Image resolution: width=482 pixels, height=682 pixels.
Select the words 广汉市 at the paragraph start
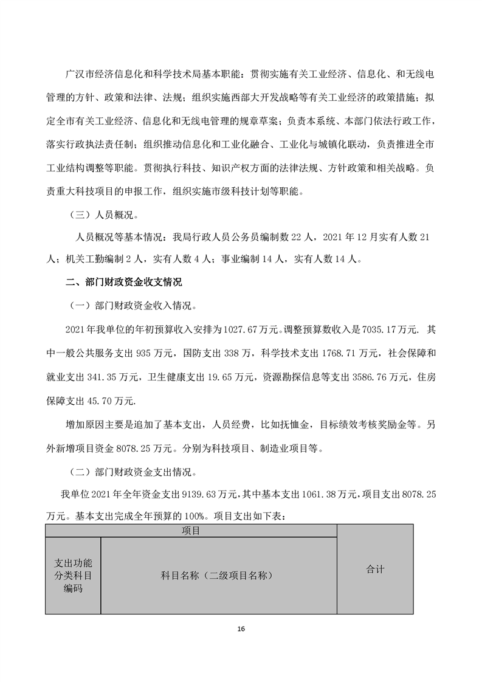pos(78,74)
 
